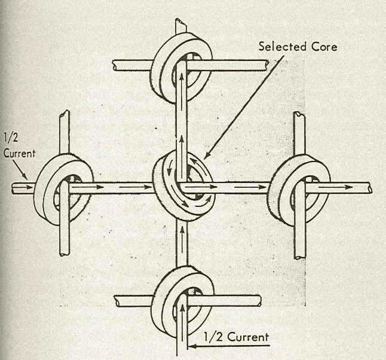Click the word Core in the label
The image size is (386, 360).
[x=324, y=47]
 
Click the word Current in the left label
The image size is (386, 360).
[x=19, y=154]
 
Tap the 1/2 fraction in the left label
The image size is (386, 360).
[x=11, y=138]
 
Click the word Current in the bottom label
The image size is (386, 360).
[x=247, y=337]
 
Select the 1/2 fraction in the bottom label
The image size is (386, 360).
[x=213, y=337]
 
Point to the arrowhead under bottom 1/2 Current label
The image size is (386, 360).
[x=193, y=346]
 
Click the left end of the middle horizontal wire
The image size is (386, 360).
[x=13, y=188]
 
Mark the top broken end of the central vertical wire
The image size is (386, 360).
[x=181, y=22]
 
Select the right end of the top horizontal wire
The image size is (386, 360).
[x=266, y=65]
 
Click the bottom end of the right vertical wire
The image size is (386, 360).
[x=300, y=257]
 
